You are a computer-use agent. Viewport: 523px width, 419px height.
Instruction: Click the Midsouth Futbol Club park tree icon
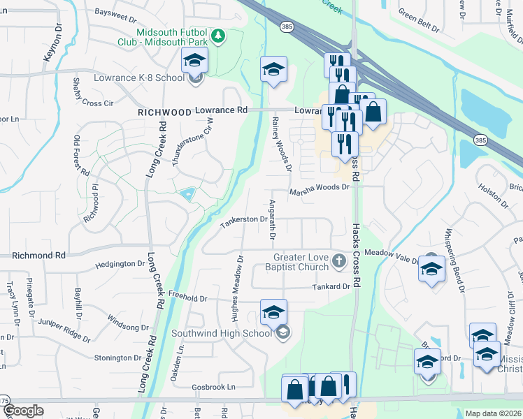tap(218, 35)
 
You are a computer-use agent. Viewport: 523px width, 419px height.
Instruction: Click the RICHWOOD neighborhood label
tap(164, 112)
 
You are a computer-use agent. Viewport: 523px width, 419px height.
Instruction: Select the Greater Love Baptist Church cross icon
tap(339, 262)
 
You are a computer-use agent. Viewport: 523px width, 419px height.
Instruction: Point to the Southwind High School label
tap(222, 333)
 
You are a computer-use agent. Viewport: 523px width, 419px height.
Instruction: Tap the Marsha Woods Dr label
tap(319, 187)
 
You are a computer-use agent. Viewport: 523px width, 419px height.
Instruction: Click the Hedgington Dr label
tap(120, 264)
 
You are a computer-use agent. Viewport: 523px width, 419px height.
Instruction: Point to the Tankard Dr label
tap(331, 286)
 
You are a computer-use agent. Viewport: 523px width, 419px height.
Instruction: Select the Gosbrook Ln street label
tap(212, 387)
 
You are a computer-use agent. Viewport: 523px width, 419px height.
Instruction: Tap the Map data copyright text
tap(494, 413)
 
